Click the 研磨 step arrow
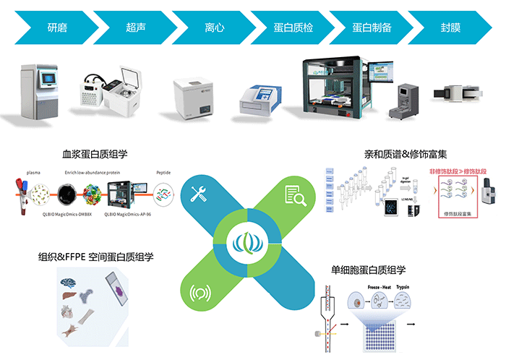coord(61,28)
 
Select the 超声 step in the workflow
coord(137,28)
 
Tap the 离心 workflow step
coord(215,28)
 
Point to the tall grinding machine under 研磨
coord(38,91)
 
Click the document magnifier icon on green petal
coord(294,194)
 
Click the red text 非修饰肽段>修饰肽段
coord(460,173)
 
